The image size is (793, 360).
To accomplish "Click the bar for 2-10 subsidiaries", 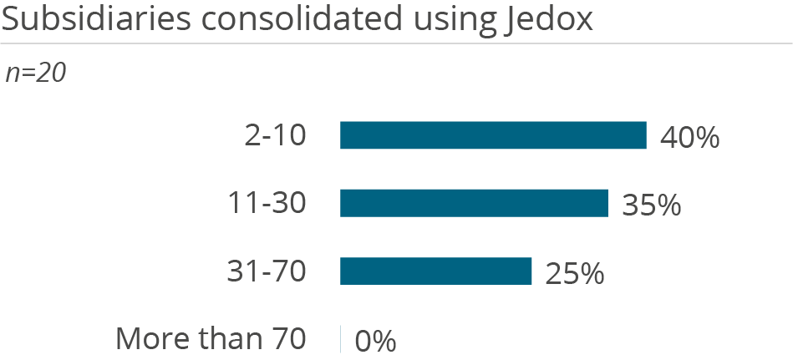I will (x=493, y=135).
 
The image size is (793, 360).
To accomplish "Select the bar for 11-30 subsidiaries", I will (x=474, y=203).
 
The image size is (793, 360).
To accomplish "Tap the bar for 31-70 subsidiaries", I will (x=435, y=271).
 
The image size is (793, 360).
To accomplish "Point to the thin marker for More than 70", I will (x=341, y=339).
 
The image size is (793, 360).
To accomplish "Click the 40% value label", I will (x=689, y=137).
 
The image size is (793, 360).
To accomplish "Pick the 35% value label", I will (x=651, y=205).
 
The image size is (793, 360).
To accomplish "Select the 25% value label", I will (x=574, y=273).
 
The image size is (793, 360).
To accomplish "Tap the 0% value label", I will (x=375, y=341).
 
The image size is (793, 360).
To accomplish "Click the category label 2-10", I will (x=274, y=135).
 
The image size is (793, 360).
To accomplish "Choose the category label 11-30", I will (x=267, y=203).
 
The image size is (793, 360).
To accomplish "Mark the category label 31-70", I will (x=267, y=271).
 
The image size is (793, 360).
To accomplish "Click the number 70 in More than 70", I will (x=289, y=339).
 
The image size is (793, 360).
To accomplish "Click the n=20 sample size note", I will (x=35, y=73).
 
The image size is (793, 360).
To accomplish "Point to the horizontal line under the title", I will (x=396, y=43).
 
